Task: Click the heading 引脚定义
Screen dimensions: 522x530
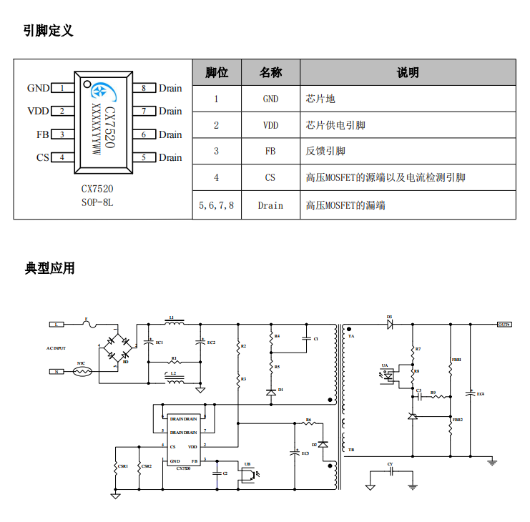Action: [x=48, y=31]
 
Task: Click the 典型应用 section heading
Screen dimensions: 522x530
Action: [x=49, y=269]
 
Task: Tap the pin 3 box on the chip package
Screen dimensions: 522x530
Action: [x=62, y=134]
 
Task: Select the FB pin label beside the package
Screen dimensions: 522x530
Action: [x=42, y=134]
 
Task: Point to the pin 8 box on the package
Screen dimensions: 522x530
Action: [x=144, y=89]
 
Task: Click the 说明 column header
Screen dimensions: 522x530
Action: [x=408, y=72]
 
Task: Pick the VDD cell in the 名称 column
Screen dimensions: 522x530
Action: [x=270, y=125]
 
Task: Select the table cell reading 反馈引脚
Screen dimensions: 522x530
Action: [x=325, y=151]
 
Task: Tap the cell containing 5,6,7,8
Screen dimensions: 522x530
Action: [x=216, y=205]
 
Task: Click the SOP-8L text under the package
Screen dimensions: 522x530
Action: [x=97, y=202]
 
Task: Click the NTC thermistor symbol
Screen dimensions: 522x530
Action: [x=82, y=372]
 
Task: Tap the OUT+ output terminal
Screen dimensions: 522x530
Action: [x=504, y=325]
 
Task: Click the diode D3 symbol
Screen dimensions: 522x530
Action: [x=390, y=324]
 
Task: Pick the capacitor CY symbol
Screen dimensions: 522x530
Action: [x=391, y=473]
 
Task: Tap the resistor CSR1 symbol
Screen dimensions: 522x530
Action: [x=116, y=466]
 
